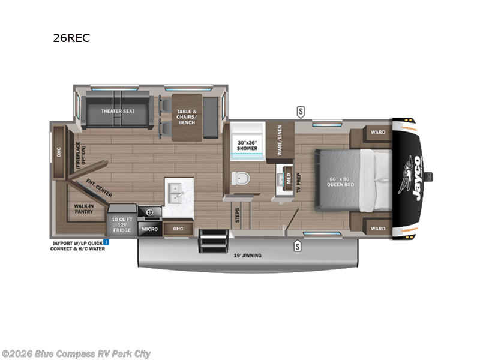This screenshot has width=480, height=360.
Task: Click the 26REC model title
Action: pyautogui.click(x=71, y=38)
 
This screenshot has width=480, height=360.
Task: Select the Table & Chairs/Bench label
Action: pyautogui.click(x=186, y=117)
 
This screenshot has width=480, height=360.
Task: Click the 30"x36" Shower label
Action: pyautogui.click(x=247, y=145)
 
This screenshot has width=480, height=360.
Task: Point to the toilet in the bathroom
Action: pyautogui.click(x=240, y=178)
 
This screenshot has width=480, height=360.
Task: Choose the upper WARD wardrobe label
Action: pyautogui.click(x=377, y=133)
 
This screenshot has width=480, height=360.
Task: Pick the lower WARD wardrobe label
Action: pyautogui.click(x=377, y=229)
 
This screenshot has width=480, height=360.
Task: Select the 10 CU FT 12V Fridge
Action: pyautogui.click(x=122, y=224)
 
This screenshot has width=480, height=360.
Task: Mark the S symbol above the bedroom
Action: pyautogui.click(x=300, y=111)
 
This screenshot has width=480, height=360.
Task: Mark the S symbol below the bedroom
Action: pyautogui.click(x=298, y=245)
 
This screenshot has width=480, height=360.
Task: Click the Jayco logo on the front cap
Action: pyautogui.click(x=412, y=175)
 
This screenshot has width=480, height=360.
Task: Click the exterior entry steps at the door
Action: pyautogui.click(x=210, y=242)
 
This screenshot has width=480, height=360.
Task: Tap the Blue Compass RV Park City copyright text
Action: pyautogui.click(x=76, y=353)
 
